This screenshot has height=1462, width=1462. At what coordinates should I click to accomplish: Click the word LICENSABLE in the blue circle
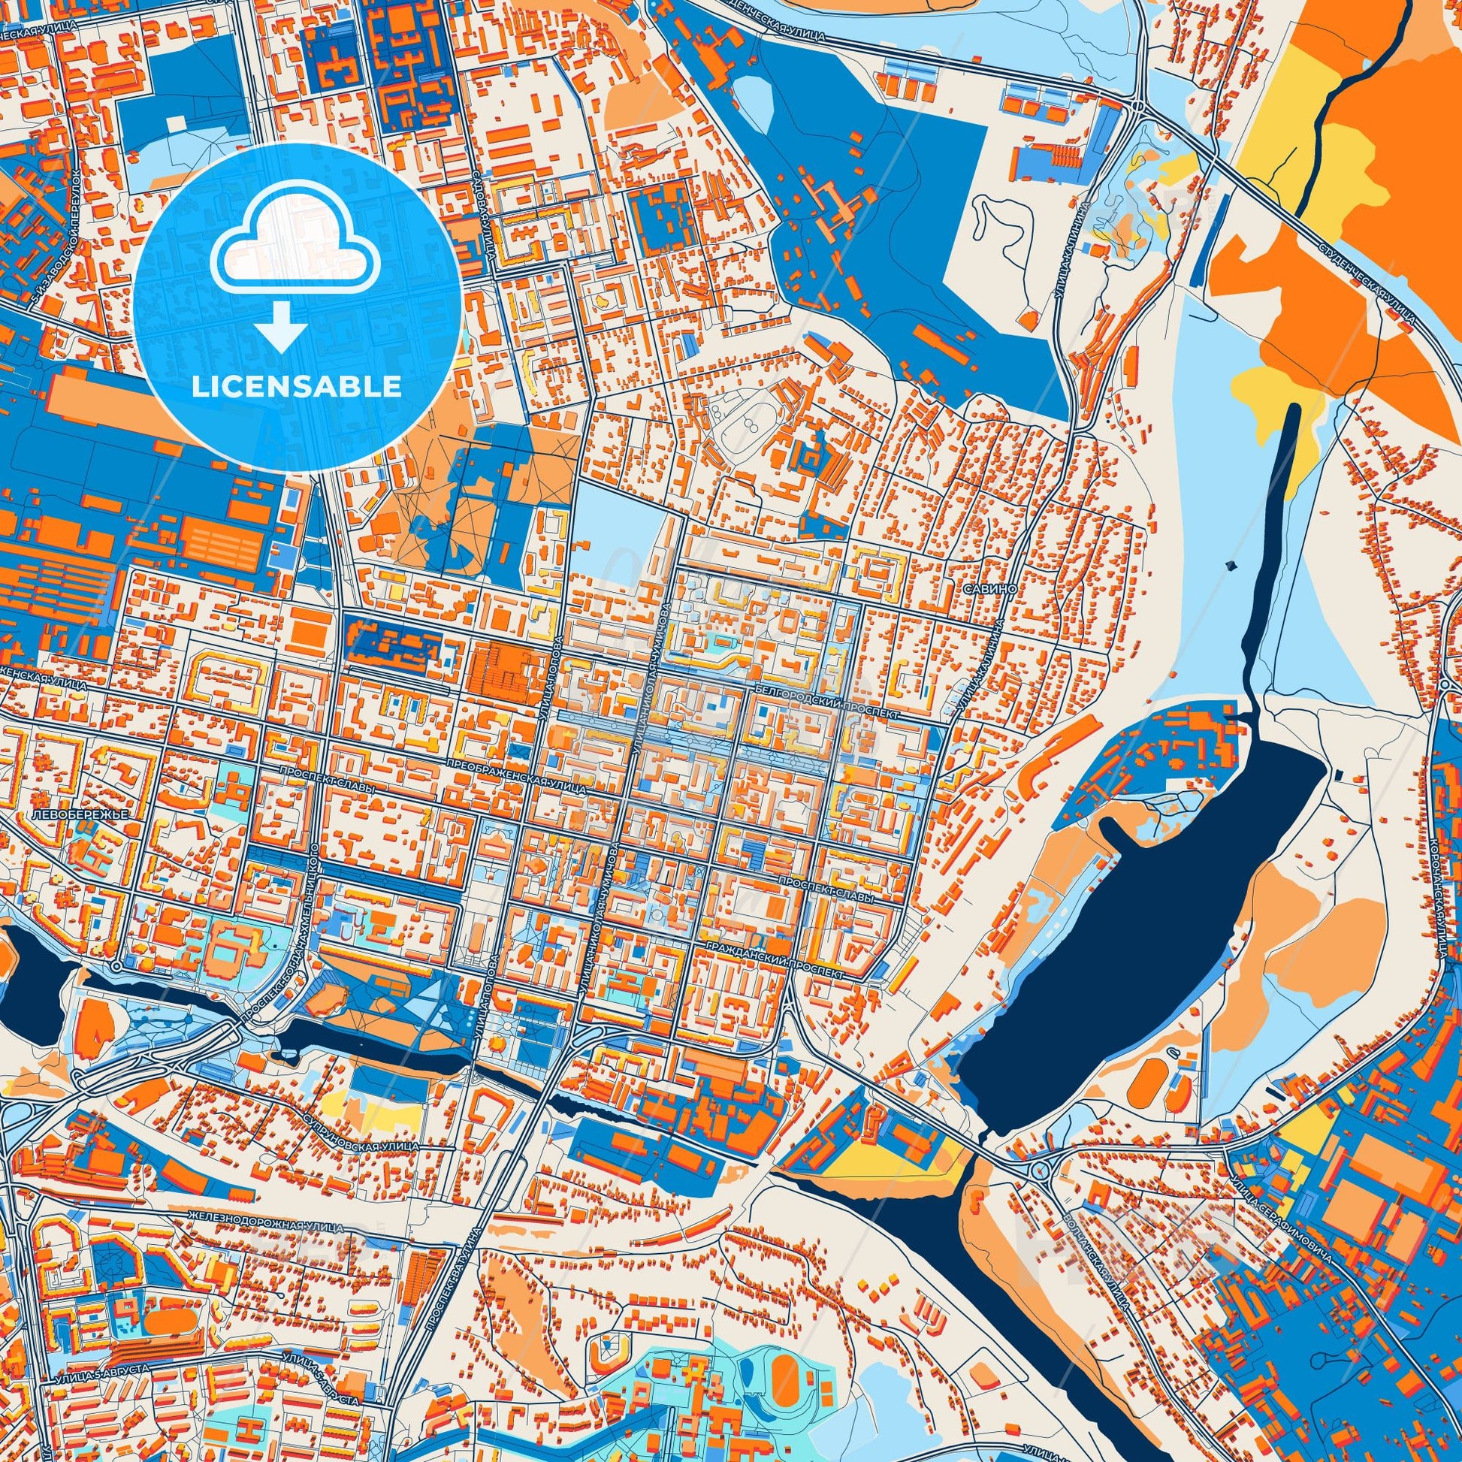click(x=296, y=387)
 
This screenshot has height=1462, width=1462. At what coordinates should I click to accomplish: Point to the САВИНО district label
click(x=986, y=588)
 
